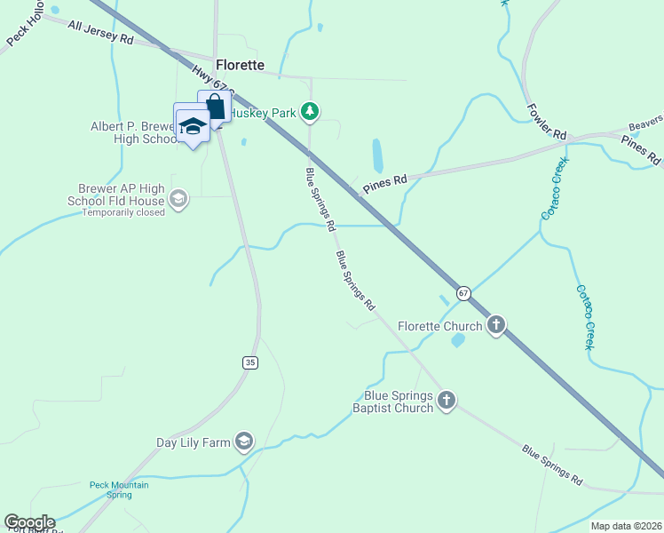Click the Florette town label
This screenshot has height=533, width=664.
point(240,65)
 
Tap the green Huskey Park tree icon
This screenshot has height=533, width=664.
point(310,112)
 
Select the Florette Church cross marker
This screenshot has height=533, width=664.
point(496,326)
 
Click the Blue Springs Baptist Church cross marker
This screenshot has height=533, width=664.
point(447,402)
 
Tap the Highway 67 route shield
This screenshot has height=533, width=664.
point(463,292)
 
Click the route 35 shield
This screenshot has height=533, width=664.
point(251,362)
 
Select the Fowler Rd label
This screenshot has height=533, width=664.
point(546,121)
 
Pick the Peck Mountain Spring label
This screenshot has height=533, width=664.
point(119,489)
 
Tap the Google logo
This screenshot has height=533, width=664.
point(29,523)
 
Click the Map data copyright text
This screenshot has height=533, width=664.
point(627,526)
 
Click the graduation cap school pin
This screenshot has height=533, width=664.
point(193,126)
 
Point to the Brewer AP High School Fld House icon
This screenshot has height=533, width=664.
point(178,198)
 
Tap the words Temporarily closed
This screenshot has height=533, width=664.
point(123,213)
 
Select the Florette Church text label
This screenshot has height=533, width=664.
point(439,326)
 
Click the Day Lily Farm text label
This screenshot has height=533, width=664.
point(194,442)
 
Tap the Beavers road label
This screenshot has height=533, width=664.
point(646,123)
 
